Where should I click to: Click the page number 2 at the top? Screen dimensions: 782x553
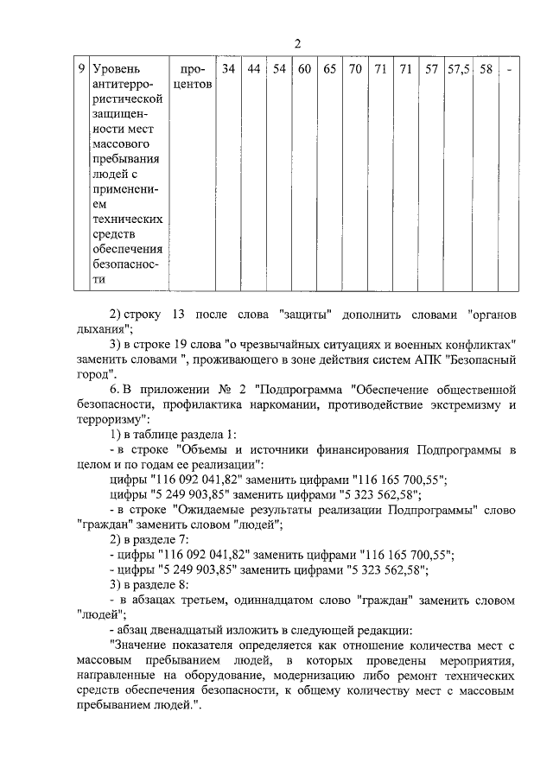[297, 45]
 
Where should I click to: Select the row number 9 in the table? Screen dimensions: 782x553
[80, 67]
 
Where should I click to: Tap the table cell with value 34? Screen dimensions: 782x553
[228, 67]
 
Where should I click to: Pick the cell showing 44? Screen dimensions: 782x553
[254, 67]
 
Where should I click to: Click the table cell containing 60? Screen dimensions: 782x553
[304, 67]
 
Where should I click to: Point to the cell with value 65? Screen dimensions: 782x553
[329, 67]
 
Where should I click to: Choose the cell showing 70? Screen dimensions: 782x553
[354, 67]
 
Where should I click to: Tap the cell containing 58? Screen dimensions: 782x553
[486, 67]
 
